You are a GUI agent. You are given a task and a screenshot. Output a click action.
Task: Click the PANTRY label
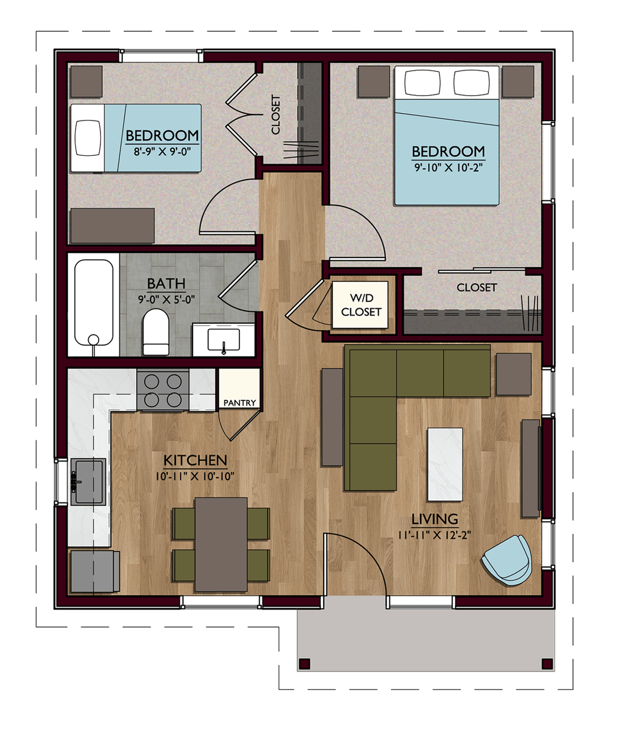(239, 403)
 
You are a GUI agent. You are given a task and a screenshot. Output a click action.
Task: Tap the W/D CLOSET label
(361, 305)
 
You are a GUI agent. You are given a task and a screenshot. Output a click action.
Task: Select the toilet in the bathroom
(156, 332)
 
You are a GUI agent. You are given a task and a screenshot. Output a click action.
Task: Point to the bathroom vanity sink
(223, 340)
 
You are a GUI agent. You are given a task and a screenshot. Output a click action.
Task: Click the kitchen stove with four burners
(163, 390)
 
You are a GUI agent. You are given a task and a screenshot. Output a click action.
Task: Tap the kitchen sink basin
(88, 482)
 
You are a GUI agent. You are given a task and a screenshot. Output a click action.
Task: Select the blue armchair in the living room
(507, 560)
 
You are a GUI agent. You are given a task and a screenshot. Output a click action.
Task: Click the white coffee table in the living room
(445, 464)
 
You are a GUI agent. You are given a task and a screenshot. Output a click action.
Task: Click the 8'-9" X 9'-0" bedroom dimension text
(162, 151)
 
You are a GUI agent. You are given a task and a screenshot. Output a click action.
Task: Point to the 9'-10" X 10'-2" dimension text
(448, 168)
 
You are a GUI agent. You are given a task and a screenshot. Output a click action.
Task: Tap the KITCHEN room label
(196, 461)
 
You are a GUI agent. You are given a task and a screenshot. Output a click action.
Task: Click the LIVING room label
(435, 519)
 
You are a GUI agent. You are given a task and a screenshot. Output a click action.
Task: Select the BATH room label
(166, 284)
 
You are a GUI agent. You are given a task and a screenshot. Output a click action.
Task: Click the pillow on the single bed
(88, 138)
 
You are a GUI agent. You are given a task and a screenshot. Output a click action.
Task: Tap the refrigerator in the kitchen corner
(95, 571)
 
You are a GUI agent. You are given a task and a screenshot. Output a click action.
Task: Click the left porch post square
(304, 664)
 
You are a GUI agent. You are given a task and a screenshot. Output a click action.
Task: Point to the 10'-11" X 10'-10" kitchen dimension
(195, 477)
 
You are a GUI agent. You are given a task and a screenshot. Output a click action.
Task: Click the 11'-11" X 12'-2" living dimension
(435, 535)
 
